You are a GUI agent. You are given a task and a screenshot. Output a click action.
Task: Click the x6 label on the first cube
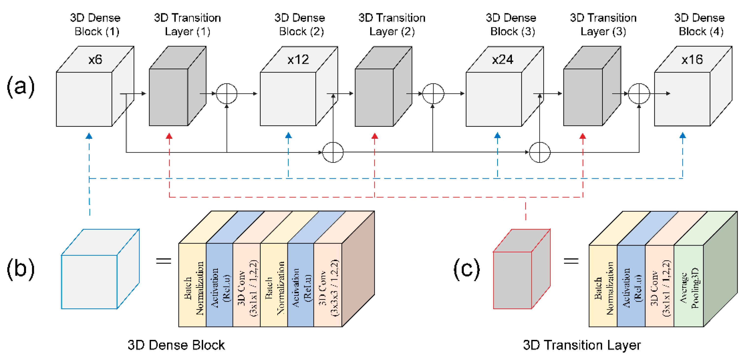[95, 60]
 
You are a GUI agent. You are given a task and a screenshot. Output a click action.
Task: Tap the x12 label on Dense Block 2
[298, 60]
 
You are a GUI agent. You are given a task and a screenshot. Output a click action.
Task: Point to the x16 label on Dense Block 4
[692, 60]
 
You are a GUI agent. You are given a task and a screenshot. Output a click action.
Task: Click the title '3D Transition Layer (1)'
[187, 25]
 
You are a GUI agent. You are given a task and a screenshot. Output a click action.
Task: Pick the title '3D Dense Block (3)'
[511, 25]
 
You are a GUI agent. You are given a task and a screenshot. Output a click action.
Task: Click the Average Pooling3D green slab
[689, 286]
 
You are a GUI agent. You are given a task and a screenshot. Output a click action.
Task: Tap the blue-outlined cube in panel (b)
[100, 269]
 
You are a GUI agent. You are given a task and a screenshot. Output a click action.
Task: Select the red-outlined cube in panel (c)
[521, 269]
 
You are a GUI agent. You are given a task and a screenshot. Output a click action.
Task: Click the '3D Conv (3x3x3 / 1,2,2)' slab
[328, 285]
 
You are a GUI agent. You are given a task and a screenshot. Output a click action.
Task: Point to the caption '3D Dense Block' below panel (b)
[176, 345]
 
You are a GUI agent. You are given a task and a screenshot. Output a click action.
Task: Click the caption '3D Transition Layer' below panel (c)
[582, 345]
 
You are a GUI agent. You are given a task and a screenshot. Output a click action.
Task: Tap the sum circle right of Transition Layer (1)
[227, 94]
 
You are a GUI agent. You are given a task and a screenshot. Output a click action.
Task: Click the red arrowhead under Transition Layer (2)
[375, 136]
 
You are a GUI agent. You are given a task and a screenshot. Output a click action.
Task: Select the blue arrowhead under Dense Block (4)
[683, 135]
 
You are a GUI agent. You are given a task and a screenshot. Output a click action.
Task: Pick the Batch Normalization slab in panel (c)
[603, 286]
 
